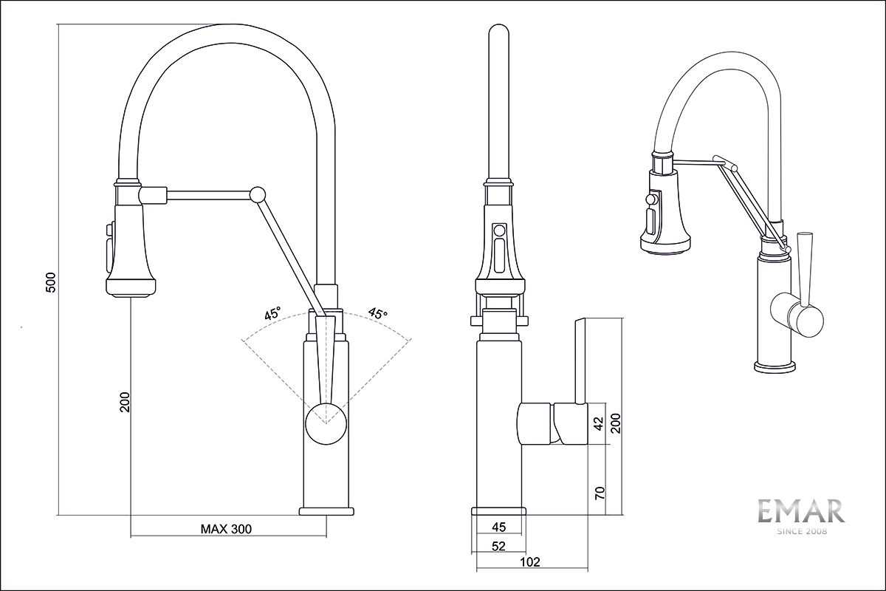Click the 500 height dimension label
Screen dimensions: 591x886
[50, 283]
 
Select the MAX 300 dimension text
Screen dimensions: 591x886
[226, 529]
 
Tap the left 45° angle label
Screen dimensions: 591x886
[272, 314]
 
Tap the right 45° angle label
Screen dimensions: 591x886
[377, 314]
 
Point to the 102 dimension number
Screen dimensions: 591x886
[530, 562]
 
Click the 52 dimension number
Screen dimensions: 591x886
[498, 546]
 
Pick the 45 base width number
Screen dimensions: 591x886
[498, 527]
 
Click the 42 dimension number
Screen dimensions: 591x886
[600, 423]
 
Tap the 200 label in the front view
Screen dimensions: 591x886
[125, 401]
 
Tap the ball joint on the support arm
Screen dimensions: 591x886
[258, 194]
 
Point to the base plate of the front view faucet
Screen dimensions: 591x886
[326, 511]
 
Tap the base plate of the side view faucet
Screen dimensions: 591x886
[498, 512]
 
